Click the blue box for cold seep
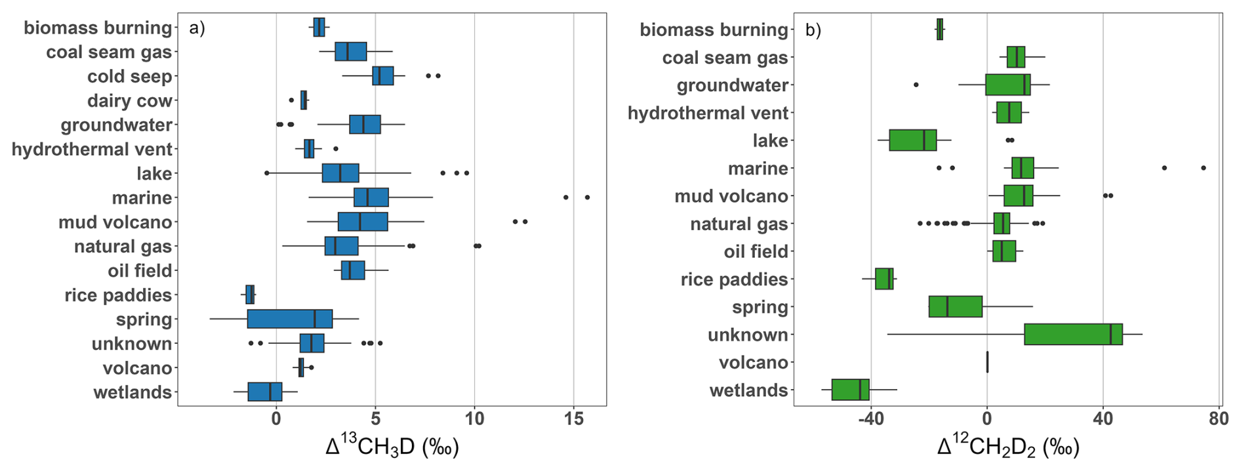tap(383, 76)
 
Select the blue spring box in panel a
tap(290, 319)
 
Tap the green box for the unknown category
tap(1073, 335)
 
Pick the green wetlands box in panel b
tap(850, 390)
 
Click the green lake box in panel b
tap(912, 140)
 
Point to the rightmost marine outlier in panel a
tap(587, 197)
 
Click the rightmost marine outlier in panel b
tap(1204, 169)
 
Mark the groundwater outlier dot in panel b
tap(916, 85)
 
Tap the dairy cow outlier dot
tap(291, 100)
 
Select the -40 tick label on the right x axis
tap(870, 419)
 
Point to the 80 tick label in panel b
tap(1219, 419)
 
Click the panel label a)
tap(197, 28)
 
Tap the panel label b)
tap(813, 30)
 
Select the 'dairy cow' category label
tap(129, 101)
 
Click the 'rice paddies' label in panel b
tap(734, 279)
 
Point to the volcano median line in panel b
tap(987, 362)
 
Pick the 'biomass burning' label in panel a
tap(98, 28)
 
